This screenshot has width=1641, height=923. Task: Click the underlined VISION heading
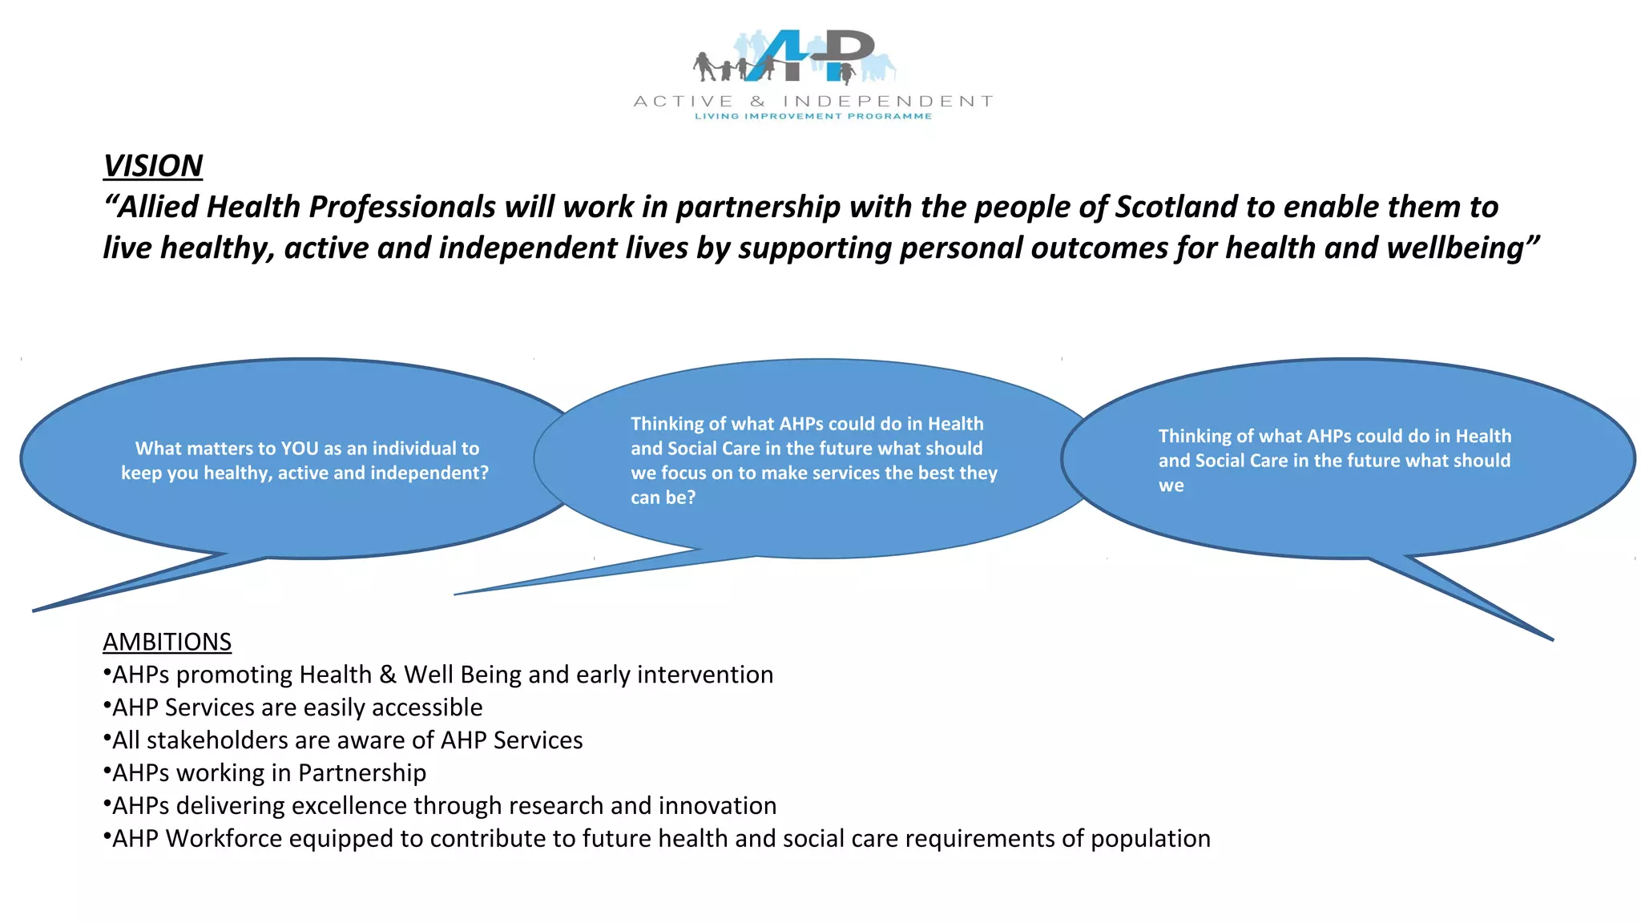point(152,166)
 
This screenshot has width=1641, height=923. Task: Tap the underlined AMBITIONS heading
point(167,642)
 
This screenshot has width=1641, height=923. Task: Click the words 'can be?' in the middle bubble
point(663,498)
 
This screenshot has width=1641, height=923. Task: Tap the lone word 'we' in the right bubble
point(1171,486)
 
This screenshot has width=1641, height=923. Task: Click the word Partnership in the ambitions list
point(361,773)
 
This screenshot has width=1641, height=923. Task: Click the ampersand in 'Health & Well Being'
point(388,675)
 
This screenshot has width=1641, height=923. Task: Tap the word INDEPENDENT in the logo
point(888,102)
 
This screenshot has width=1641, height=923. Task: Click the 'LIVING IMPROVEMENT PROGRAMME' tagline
point(812,117)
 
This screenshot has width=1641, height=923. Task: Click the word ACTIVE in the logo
point(683,102)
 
